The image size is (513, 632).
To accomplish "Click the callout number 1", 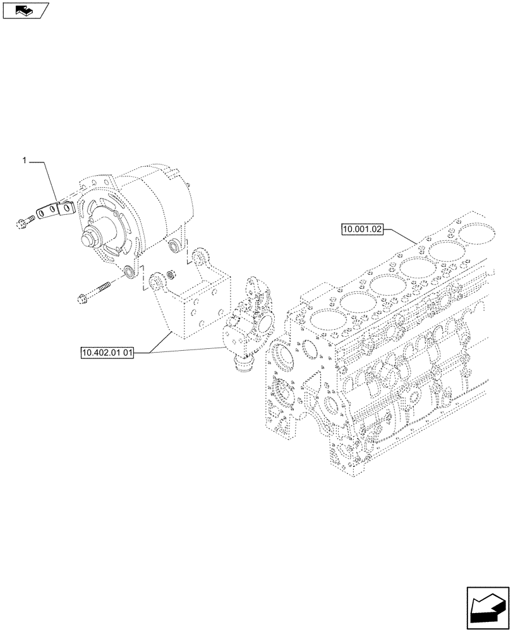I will (x=25, y=161).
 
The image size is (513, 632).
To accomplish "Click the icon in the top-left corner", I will (x=25, y=10).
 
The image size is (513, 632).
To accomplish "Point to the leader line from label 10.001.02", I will (x=401, y=235).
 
